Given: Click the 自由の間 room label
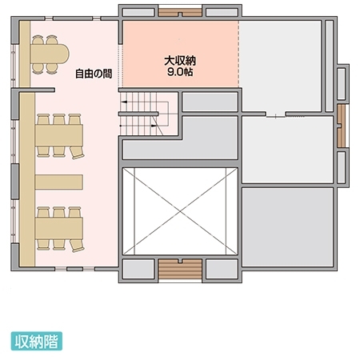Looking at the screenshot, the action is click(x=94, y=74).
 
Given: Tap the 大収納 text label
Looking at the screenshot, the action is click(x=180, y=61).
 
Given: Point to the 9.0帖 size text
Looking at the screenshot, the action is click(x=180, y=72).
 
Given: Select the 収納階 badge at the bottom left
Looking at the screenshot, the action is click(x=37, y=341).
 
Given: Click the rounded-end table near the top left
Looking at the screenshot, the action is click(x=50, y=54).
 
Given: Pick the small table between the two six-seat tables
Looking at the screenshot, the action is click(x=59, y=182).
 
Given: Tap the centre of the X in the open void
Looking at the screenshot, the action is click(x=180, y=211).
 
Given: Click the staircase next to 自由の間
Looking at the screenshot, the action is click(x=148, y=114).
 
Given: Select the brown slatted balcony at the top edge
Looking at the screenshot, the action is click(x=180, y=12).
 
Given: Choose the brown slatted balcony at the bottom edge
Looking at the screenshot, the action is click(x=180, y=269).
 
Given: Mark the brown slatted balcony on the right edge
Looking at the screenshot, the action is click(x=342, y=126).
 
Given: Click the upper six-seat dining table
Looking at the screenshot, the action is click(x=59, y=135).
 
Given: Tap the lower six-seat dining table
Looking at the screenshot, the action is click(x=59, y=229).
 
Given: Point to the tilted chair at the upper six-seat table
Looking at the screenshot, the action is click(x=78, y=153).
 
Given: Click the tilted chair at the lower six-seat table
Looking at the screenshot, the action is click(x=78, y=246).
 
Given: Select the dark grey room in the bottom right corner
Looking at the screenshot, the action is click(x=288, y=227).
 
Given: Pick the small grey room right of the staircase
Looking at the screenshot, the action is click(x=210, y=102).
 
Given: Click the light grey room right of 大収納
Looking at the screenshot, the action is click(x=281, y=66).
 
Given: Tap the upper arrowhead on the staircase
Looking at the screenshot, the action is click(x=123, y=102).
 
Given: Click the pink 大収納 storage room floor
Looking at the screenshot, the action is click(x=181, y=54).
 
